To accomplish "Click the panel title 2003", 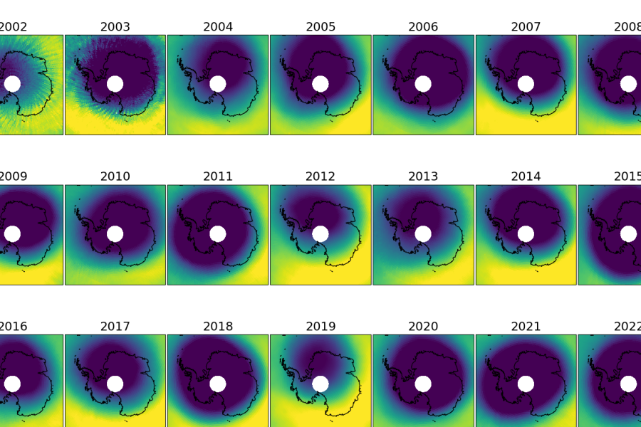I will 115,27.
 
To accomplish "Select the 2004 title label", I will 218,27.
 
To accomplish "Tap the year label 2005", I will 320,27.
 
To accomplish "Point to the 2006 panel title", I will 423,27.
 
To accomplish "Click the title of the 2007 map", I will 526,27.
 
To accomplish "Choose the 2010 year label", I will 115,176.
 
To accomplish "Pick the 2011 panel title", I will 218,176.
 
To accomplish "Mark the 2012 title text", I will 320,176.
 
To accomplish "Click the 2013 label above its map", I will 423,176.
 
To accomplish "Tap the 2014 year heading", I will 526,176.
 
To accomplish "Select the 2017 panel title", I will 115,327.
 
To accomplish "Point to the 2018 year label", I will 218,327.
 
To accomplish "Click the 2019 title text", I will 320,327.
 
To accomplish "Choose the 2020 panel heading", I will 423,327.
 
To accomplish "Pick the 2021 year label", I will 526,327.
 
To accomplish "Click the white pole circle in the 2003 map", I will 115,84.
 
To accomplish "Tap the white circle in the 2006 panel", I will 423,84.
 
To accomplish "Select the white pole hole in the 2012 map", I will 320,233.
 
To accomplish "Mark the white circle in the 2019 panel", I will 320,384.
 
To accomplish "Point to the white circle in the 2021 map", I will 526,384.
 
